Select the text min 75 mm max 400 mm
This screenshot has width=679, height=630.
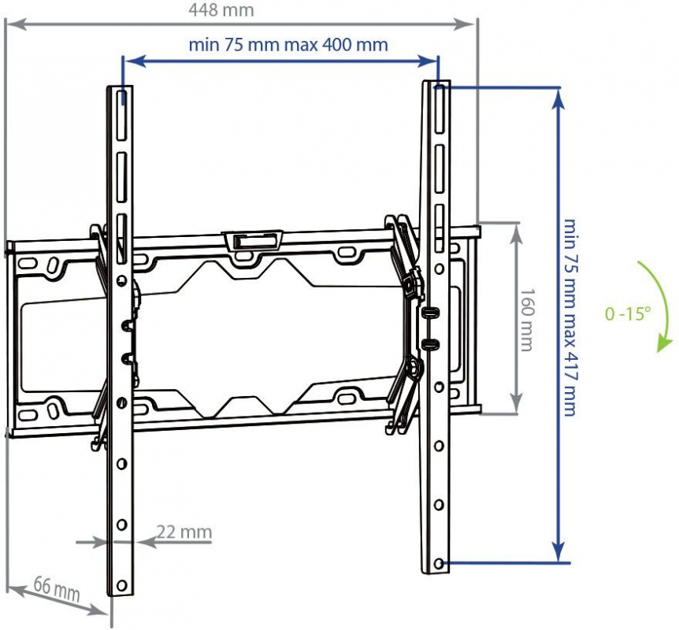288,45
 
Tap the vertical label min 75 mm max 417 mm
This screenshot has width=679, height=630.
570,316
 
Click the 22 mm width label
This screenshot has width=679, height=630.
184,532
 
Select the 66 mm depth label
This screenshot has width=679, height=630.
57,588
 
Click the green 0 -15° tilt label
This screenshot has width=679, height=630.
629,313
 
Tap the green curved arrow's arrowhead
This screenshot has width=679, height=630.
665,343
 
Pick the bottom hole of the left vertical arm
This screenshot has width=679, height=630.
122,585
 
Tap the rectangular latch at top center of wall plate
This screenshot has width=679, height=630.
252,239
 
